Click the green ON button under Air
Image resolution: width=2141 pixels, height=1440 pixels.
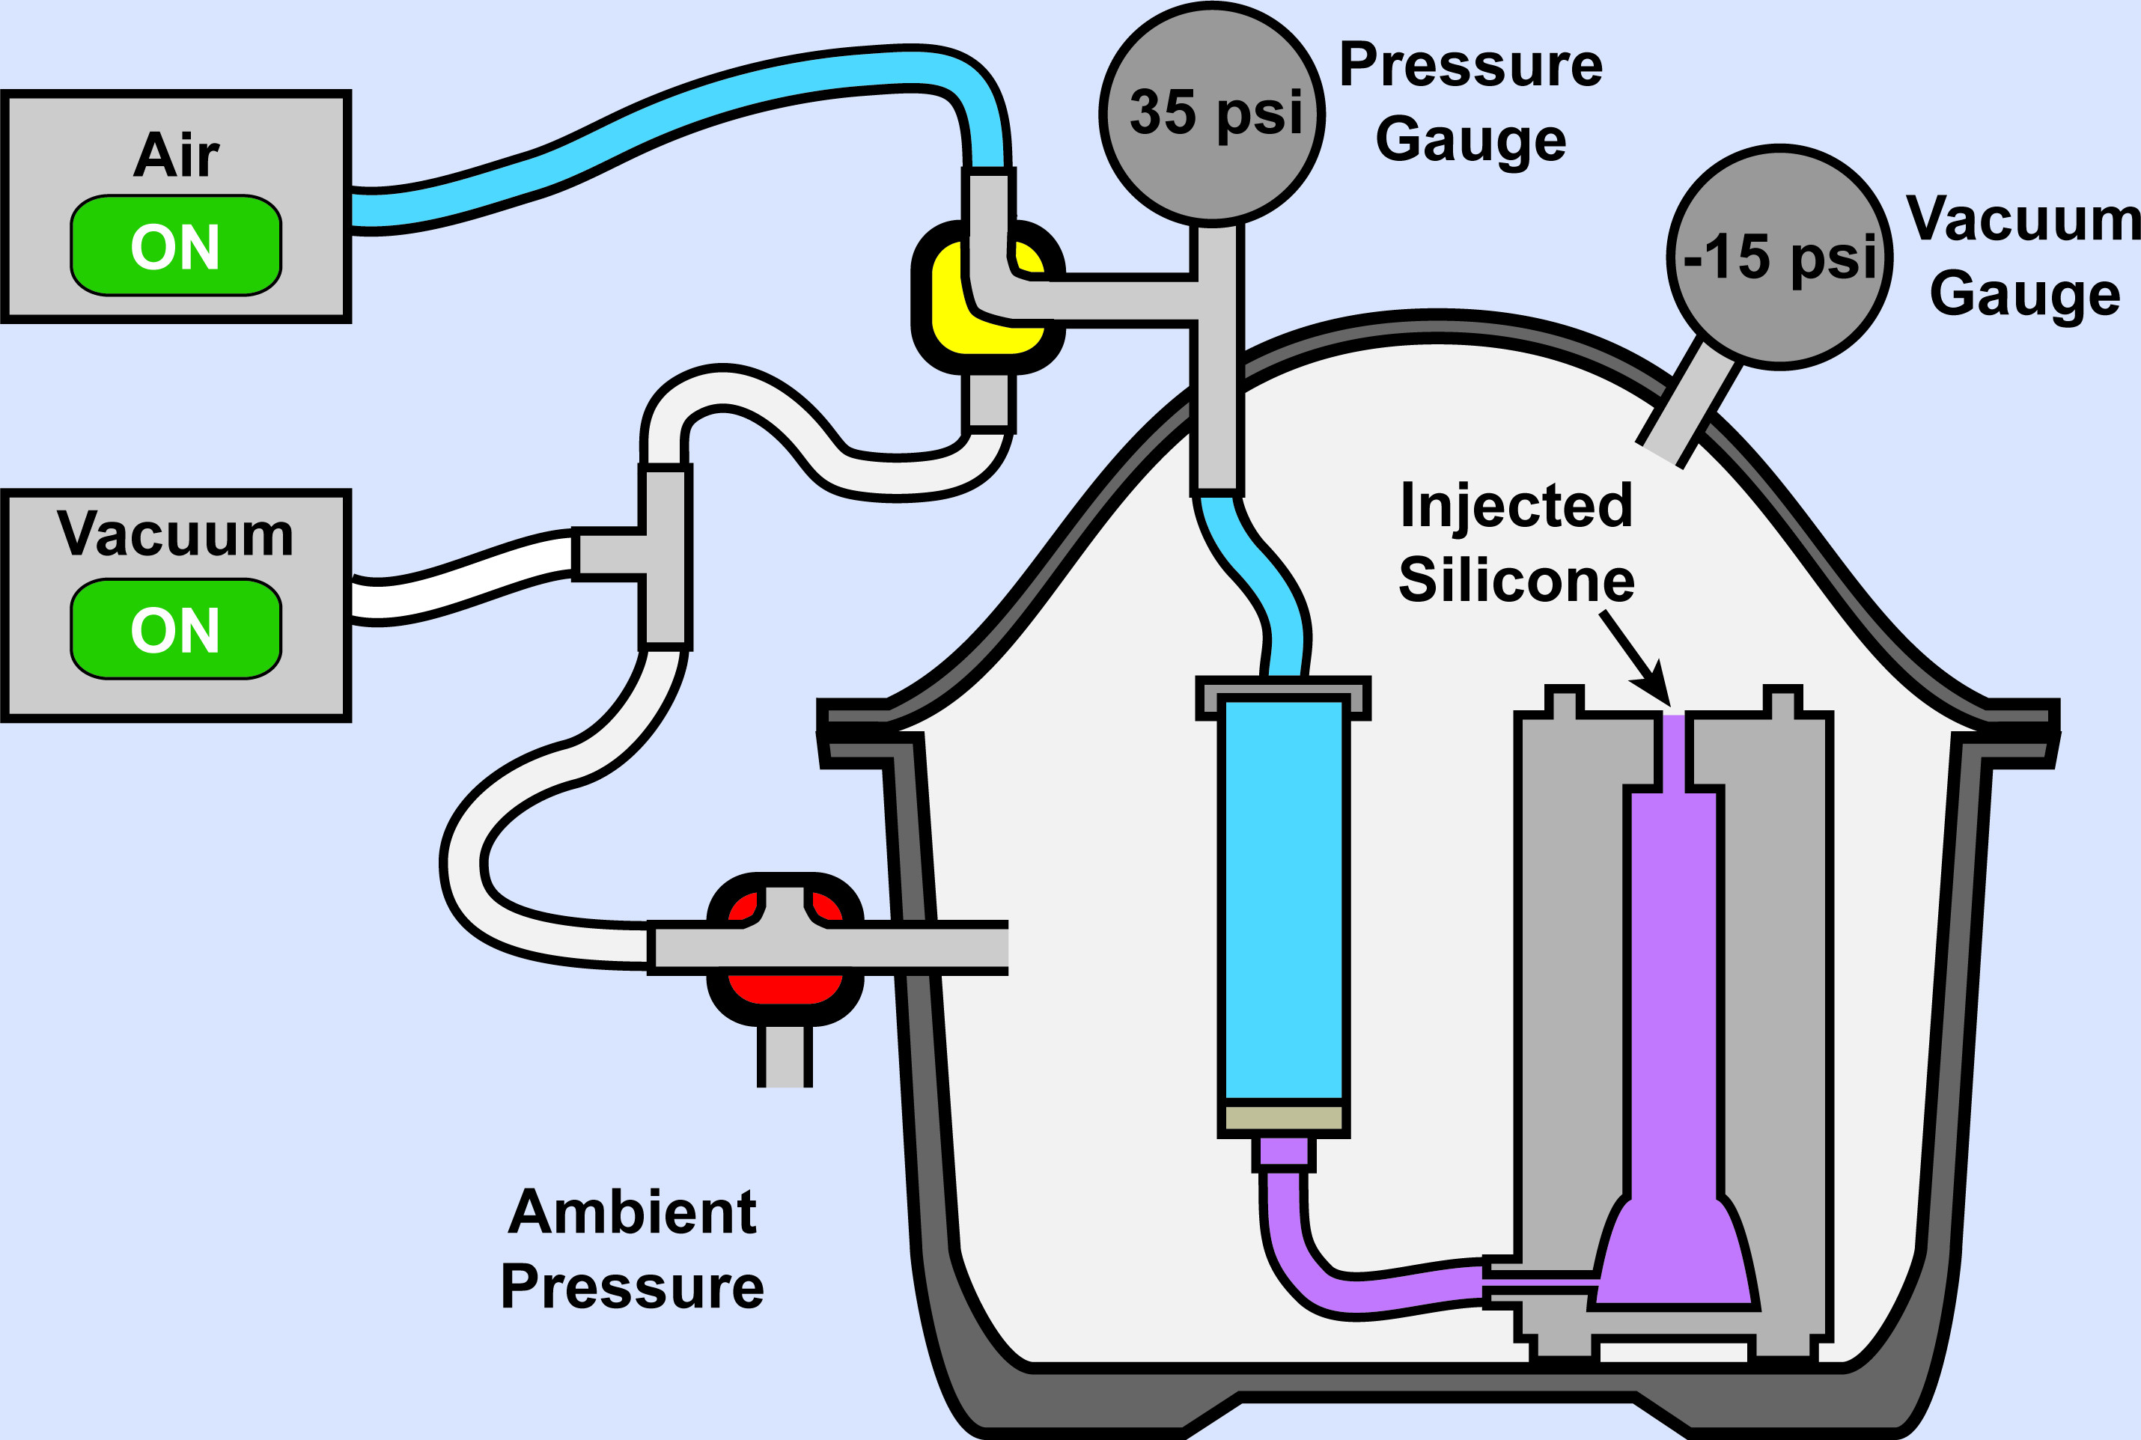(x=175, y=245)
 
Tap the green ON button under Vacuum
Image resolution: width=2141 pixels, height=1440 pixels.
(x=175, y=629)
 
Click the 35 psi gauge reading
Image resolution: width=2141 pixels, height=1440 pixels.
(x=1215, y=113)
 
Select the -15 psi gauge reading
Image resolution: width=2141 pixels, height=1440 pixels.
(x=1780, y=257)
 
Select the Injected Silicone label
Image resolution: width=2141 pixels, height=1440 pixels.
(x=1517, y=543)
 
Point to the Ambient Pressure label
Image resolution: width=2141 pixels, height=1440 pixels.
(x=633, y=1248)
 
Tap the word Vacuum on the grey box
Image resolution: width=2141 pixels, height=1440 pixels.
(x=174, y=534)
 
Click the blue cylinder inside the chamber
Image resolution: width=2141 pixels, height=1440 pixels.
(x=1283, y=898)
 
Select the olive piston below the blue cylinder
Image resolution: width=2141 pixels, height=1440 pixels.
(x=1283, y=1117)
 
